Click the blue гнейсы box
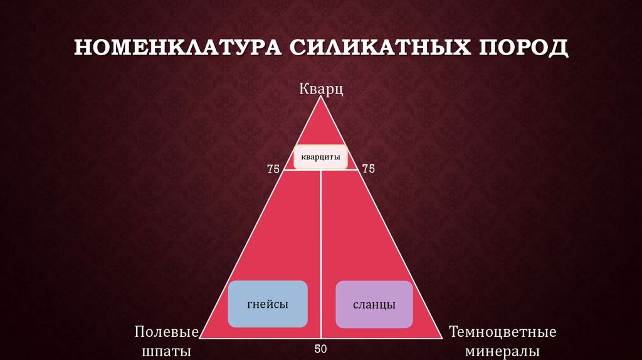tap(267, 304)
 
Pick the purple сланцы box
tap(374, 305)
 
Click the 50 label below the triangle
tap(320, 349)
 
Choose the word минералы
tap(503, 350)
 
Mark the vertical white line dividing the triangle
tap(321, 251)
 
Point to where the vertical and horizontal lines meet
tap(321, 170)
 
